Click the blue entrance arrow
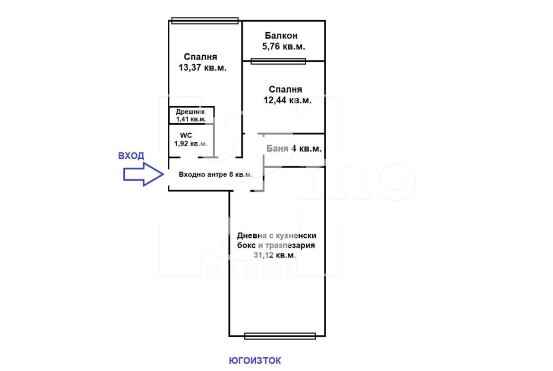143,174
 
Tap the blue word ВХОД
131,156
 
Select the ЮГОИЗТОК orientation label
255,361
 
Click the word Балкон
281,35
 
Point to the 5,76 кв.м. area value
284,46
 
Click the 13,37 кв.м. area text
202,68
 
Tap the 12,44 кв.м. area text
287,100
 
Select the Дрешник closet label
190,112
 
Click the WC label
186,136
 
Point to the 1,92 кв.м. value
190,144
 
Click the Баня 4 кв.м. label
294,149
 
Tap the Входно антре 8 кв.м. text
216,174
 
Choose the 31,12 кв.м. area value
275,255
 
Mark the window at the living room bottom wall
280,336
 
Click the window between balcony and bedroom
278,61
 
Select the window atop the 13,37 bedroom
205,21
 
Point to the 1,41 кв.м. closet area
191,119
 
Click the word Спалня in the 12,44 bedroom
285,90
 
